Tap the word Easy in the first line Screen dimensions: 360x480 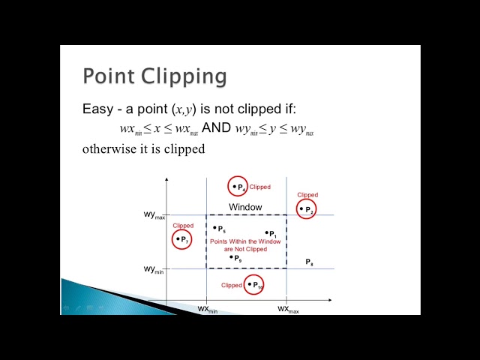(97, 109)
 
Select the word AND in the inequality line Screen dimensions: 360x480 (217, 128)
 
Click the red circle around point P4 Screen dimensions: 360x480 (238, 187)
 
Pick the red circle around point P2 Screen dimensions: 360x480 (306, 209)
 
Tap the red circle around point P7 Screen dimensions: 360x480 (181, 239)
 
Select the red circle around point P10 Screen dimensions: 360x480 (255, 285)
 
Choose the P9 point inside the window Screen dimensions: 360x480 (235, 257)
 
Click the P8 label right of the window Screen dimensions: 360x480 (309, 262)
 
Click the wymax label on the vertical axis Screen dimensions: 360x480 (154, 215)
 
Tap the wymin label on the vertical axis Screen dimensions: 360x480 (154, 268)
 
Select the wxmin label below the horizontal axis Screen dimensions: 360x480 (208, 309)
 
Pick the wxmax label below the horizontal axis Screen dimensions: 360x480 (288, 309)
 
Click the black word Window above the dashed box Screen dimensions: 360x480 (245, 207)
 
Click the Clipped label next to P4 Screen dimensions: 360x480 (260, 187)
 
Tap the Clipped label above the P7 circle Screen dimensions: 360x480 (183, 225)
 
